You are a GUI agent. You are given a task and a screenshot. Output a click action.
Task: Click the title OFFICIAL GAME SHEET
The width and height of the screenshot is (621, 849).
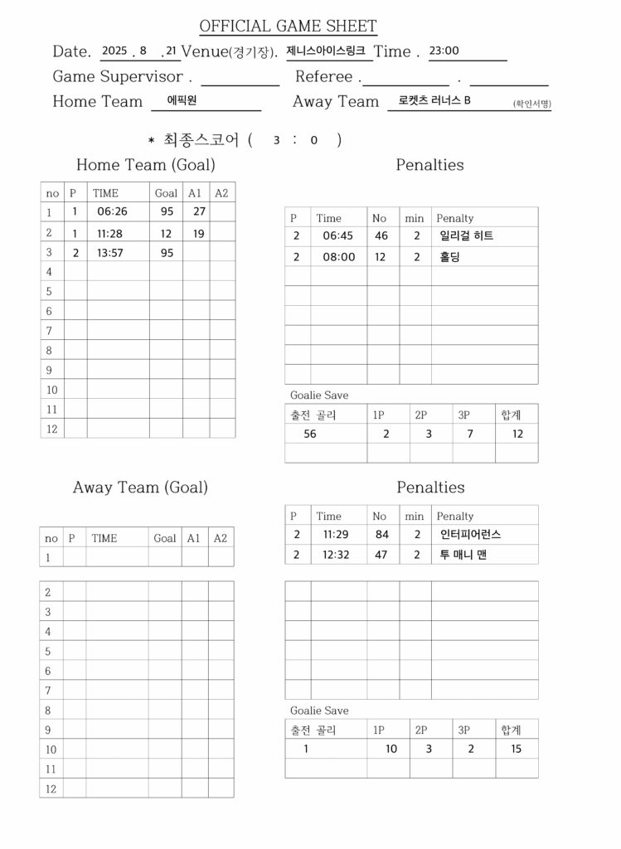288,27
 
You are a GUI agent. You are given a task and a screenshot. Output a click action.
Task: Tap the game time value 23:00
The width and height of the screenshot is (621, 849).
444,51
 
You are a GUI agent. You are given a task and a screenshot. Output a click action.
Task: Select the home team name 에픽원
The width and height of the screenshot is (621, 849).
182,100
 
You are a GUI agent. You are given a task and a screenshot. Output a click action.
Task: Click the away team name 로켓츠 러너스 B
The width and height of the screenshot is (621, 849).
434,100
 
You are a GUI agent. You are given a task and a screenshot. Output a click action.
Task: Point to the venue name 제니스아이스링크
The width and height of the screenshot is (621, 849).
325,51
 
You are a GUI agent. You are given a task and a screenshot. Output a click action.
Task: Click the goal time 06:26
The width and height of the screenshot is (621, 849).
112,211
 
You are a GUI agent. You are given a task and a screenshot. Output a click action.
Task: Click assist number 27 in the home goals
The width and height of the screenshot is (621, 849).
199,211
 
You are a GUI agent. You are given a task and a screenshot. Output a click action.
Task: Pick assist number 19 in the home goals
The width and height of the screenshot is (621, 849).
199,233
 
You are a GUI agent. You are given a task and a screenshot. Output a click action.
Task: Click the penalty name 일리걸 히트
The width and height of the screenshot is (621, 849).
466,236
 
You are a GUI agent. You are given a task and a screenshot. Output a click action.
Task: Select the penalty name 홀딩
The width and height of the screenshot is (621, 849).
450,257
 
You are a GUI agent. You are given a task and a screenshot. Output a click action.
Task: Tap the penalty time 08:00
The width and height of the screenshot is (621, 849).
338,257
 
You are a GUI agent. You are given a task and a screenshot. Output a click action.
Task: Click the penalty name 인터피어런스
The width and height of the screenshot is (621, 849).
470,535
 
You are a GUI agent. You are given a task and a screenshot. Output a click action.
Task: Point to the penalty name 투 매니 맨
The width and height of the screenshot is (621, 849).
463,555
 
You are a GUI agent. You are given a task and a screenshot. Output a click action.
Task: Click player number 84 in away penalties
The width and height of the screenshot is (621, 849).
381,535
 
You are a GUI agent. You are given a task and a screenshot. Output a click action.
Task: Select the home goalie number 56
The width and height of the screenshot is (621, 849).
310,434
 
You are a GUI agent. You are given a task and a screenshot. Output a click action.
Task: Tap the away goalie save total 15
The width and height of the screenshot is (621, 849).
517,749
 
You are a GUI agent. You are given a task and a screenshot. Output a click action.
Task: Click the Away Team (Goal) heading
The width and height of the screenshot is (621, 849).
140,488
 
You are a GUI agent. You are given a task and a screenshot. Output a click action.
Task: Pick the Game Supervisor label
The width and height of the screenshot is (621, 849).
118,77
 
